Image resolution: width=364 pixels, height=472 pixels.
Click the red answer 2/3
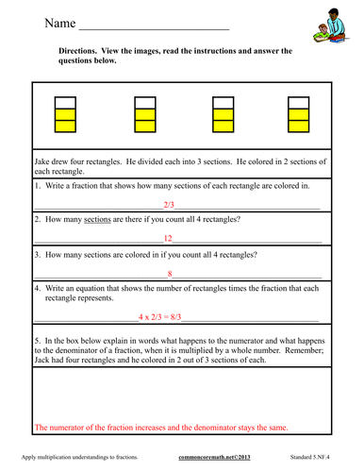[169, 204]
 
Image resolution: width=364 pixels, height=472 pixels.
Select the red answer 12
[169, 239]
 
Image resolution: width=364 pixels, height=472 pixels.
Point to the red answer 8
[169, 275]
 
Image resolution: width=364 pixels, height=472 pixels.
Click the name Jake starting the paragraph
[43, 162]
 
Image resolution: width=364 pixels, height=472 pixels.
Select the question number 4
[37, 289]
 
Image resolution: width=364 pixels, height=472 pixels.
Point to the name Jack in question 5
[43, 362]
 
